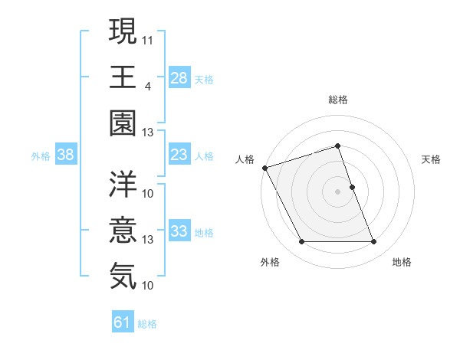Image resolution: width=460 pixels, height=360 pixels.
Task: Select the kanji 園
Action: (123, 123)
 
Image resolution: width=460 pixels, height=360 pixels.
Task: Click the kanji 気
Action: (123, 275)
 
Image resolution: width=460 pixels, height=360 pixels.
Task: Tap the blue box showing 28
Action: (179, 77)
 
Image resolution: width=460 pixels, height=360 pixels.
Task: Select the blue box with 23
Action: (179, 155)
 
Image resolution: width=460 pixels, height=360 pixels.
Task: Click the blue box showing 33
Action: (179, 231)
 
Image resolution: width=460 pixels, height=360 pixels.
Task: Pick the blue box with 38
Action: (66, 155)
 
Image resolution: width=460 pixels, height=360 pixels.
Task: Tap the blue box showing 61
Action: (123, 322)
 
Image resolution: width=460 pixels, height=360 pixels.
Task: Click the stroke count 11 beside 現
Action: (148, 38)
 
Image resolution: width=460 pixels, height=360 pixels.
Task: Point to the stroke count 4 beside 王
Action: (148, 85)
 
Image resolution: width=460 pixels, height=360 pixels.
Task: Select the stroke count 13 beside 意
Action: (148, 239)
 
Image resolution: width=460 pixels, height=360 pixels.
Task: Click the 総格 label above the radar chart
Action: (338, 100)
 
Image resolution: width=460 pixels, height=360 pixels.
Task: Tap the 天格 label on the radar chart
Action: (432, 159)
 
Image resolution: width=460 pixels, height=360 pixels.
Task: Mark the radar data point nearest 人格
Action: (265, 168)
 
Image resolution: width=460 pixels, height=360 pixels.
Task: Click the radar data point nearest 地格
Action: (374, 242)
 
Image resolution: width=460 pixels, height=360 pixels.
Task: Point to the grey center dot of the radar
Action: (338, 191)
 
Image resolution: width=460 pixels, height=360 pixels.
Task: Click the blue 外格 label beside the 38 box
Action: (41, 156)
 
